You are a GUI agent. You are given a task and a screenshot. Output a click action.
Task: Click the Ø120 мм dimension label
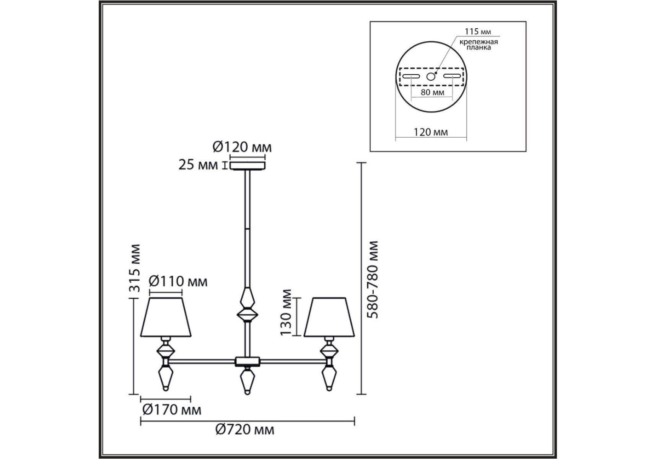tap(242, 147)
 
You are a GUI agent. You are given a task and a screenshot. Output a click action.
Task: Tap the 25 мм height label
tap(198, 165)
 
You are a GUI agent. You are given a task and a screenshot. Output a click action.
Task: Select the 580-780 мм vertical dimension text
tap(372, 279)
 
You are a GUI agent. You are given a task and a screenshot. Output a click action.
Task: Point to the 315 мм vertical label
tap(134, 268)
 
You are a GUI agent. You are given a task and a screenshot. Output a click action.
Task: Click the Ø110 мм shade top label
tap(178, 282)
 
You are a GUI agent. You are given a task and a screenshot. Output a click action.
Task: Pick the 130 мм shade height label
tap(286, 313)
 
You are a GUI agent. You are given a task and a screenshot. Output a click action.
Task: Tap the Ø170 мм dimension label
tap(172, 410)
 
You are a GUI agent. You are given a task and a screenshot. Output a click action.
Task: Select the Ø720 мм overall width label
tap(245, 430)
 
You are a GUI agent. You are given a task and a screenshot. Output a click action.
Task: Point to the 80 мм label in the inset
tap(432, 92)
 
